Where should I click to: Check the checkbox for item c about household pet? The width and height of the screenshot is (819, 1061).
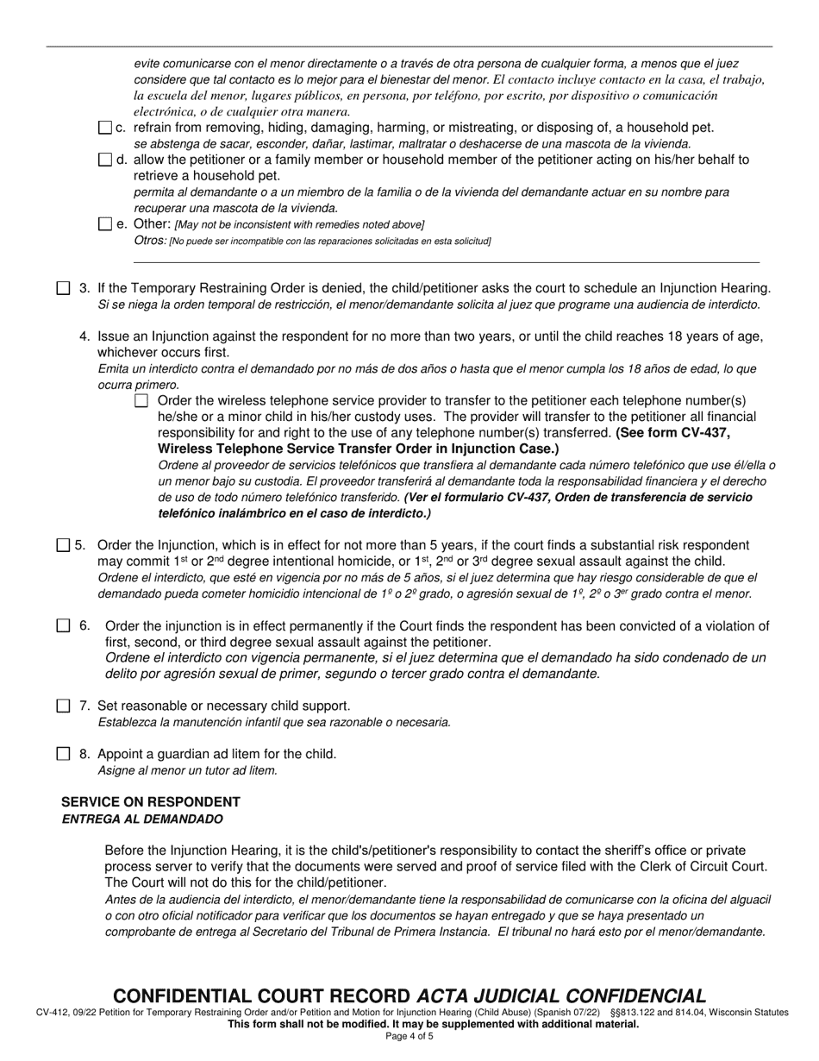pyautogui.click(x=105, y=128)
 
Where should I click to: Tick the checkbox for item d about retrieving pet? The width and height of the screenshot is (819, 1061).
pyautogui.click(x=105, y=160)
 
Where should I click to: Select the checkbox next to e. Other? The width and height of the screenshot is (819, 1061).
pyautogui.click(x=105, y=224)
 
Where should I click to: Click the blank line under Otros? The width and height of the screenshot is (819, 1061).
pyautogui.click(x=446, y=261)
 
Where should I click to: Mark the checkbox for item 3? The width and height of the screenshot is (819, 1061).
pyautogui.click(x=63, y=288)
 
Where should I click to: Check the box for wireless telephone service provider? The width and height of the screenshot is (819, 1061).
pyautogui.click(x=141, y=400)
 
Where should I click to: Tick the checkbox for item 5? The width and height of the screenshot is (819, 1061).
pyautogui.click(x=63, y=545)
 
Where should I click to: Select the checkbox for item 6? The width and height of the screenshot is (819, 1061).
pyautogui.click(x=63, y=626)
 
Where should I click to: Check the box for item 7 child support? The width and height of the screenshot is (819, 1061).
pyautogui.click(x=63, y=706)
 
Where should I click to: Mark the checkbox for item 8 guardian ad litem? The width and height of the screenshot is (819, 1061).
pyautogui.click(x=63, y=754)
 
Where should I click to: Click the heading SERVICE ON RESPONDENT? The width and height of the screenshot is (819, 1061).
pyautogui.click(x=151, y=802)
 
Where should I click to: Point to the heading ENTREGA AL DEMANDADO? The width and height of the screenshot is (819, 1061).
pyautogui.click(x=142, y=819)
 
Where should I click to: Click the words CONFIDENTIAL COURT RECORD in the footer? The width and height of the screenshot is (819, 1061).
pyautogui.click(x=263, y=995)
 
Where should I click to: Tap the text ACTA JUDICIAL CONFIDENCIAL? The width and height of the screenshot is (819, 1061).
pyautogui.click(x=561, y=995)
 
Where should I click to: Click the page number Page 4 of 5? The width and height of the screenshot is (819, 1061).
pyautogui.click(x=409, y=1037)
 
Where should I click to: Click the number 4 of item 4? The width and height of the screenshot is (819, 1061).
pyautogui.click(x=84, y=336)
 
